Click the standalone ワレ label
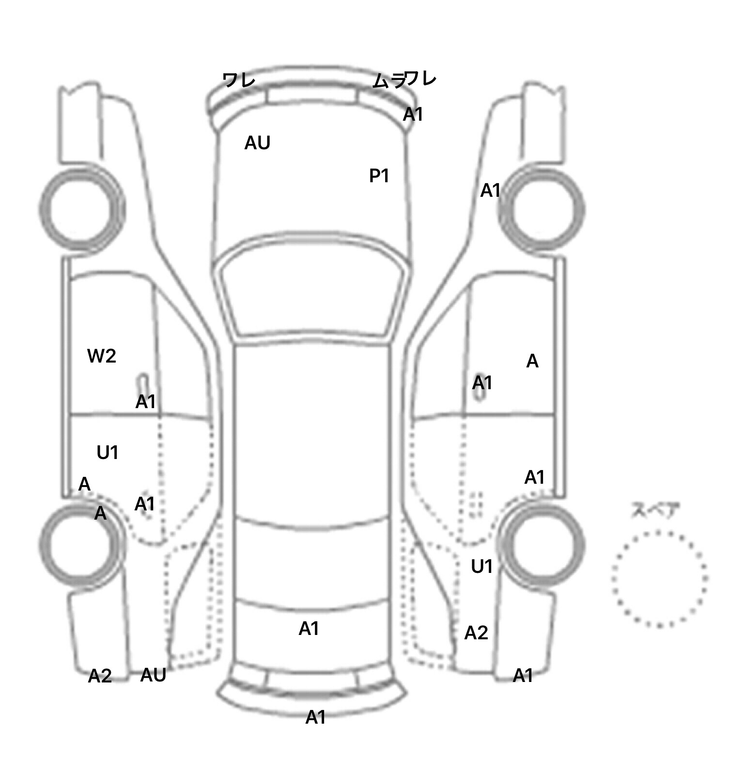click(x=238, y=80)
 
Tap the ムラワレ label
click(x=404, y=79)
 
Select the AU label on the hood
click(x=257, y=143)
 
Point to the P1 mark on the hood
click(x=379, y=176)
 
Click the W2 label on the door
click(x=102, y=356)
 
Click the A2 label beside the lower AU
click(x=100, y=676)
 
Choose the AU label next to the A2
click(x=153, y=675)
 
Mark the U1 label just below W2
click(x=108, y=453)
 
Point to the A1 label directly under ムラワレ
click(x=413, y=114)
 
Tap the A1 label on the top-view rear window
click(x=309, y=629)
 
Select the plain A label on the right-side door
click(x=532, y=361)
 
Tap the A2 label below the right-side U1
click(x=476, y=633)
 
